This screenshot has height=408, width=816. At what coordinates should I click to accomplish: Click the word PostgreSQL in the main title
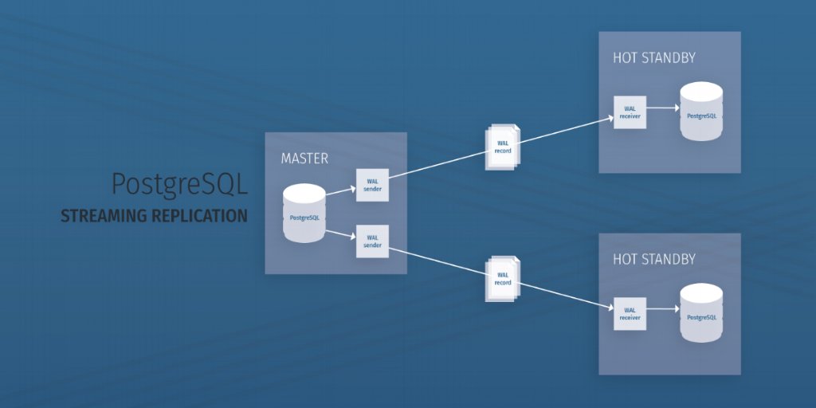click(x=179, y=185)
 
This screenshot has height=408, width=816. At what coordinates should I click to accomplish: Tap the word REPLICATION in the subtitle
click(x=200, y=216)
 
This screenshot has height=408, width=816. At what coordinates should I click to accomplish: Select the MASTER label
click(x=304, y=159)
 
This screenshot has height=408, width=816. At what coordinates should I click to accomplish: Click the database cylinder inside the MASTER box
click(x=304, y=214)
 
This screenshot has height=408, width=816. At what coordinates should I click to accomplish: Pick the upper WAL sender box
click(x=372, y=185)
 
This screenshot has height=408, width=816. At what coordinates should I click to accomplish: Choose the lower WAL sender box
click(x=372, y=241)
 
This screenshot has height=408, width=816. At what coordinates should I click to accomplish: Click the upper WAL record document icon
click(x=502, y=147)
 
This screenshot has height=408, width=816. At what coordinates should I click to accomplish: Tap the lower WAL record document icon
click(x=502, y=279)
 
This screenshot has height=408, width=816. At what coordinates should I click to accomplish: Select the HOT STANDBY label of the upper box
click(x=654, y=58)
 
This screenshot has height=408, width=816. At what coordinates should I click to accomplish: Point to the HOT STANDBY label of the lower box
click(x=654, y=260)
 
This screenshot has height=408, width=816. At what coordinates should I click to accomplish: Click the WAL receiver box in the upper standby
click(x=630, y=112)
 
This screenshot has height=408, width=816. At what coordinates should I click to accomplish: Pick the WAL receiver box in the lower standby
click(x=630, y=313)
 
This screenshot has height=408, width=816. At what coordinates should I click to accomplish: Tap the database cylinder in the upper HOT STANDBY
click(x=701, y=112)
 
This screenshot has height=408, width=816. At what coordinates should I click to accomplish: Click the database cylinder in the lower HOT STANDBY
click(x=701, y=313)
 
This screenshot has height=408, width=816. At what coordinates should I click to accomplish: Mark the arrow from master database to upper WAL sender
click(x=340, y=190)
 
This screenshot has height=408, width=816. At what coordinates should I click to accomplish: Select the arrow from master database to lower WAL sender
click(x=340, y=234)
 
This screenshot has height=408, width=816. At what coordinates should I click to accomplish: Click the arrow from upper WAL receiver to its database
click(x=661, y=108)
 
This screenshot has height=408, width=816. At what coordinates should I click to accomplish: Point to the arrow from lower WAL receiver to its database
click(x=661, y=309)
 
